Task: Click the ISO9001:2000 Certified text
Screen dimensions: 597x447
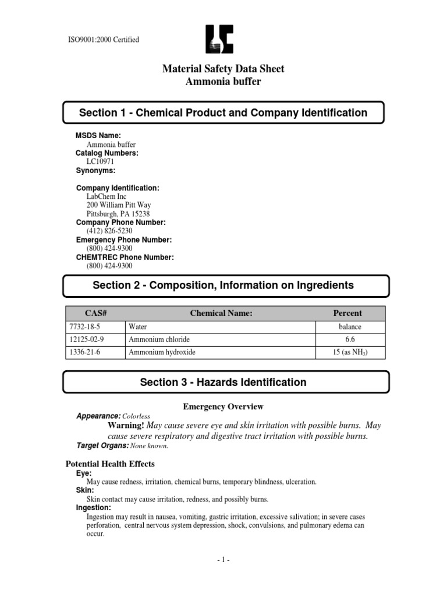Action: pyautogui.click(x=104, y=40)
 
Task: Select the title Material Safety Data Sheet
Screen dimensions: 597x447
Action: pyautogui.click(x=223, y=69)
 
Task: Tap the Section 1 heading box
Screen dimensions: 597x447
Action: pyautogui.click(x=223, y=113)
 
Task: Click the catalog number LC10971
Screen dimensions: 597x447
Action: pyautogui.click(x=102, y=161)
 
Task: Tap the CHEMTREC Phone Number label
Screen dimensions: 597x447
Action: pyautogui.click(x=125, y=257)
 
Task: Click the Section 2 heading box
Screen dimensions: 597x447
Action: pyautogui.click(x=223, y=286)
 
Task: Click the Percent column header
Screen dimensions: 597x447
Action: pyautogui.click(x=347, y=313)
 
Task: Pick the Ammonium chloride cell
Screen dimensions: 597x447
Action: pyautogui.click(x=159, y=339)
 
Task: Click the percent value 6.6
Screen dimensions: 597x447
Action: pyautogui.click(x=347, y=339)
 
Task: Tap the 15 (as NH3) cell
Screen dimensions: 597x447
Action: pyautogui.click(x=347, y=352)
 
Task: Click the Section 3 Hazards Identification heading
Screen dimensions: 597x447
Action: pyautogui.click(x=223, y=382)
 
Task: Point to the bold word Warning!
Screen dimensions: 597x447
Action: pyautogui.click(x=126, y=425)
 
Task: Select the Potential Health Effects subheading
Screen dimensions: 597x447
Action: pyautogui.click(x=109, y=463)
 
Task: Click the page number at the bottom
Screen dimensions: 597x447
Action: pyautogui.click(x=223, y=560)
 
